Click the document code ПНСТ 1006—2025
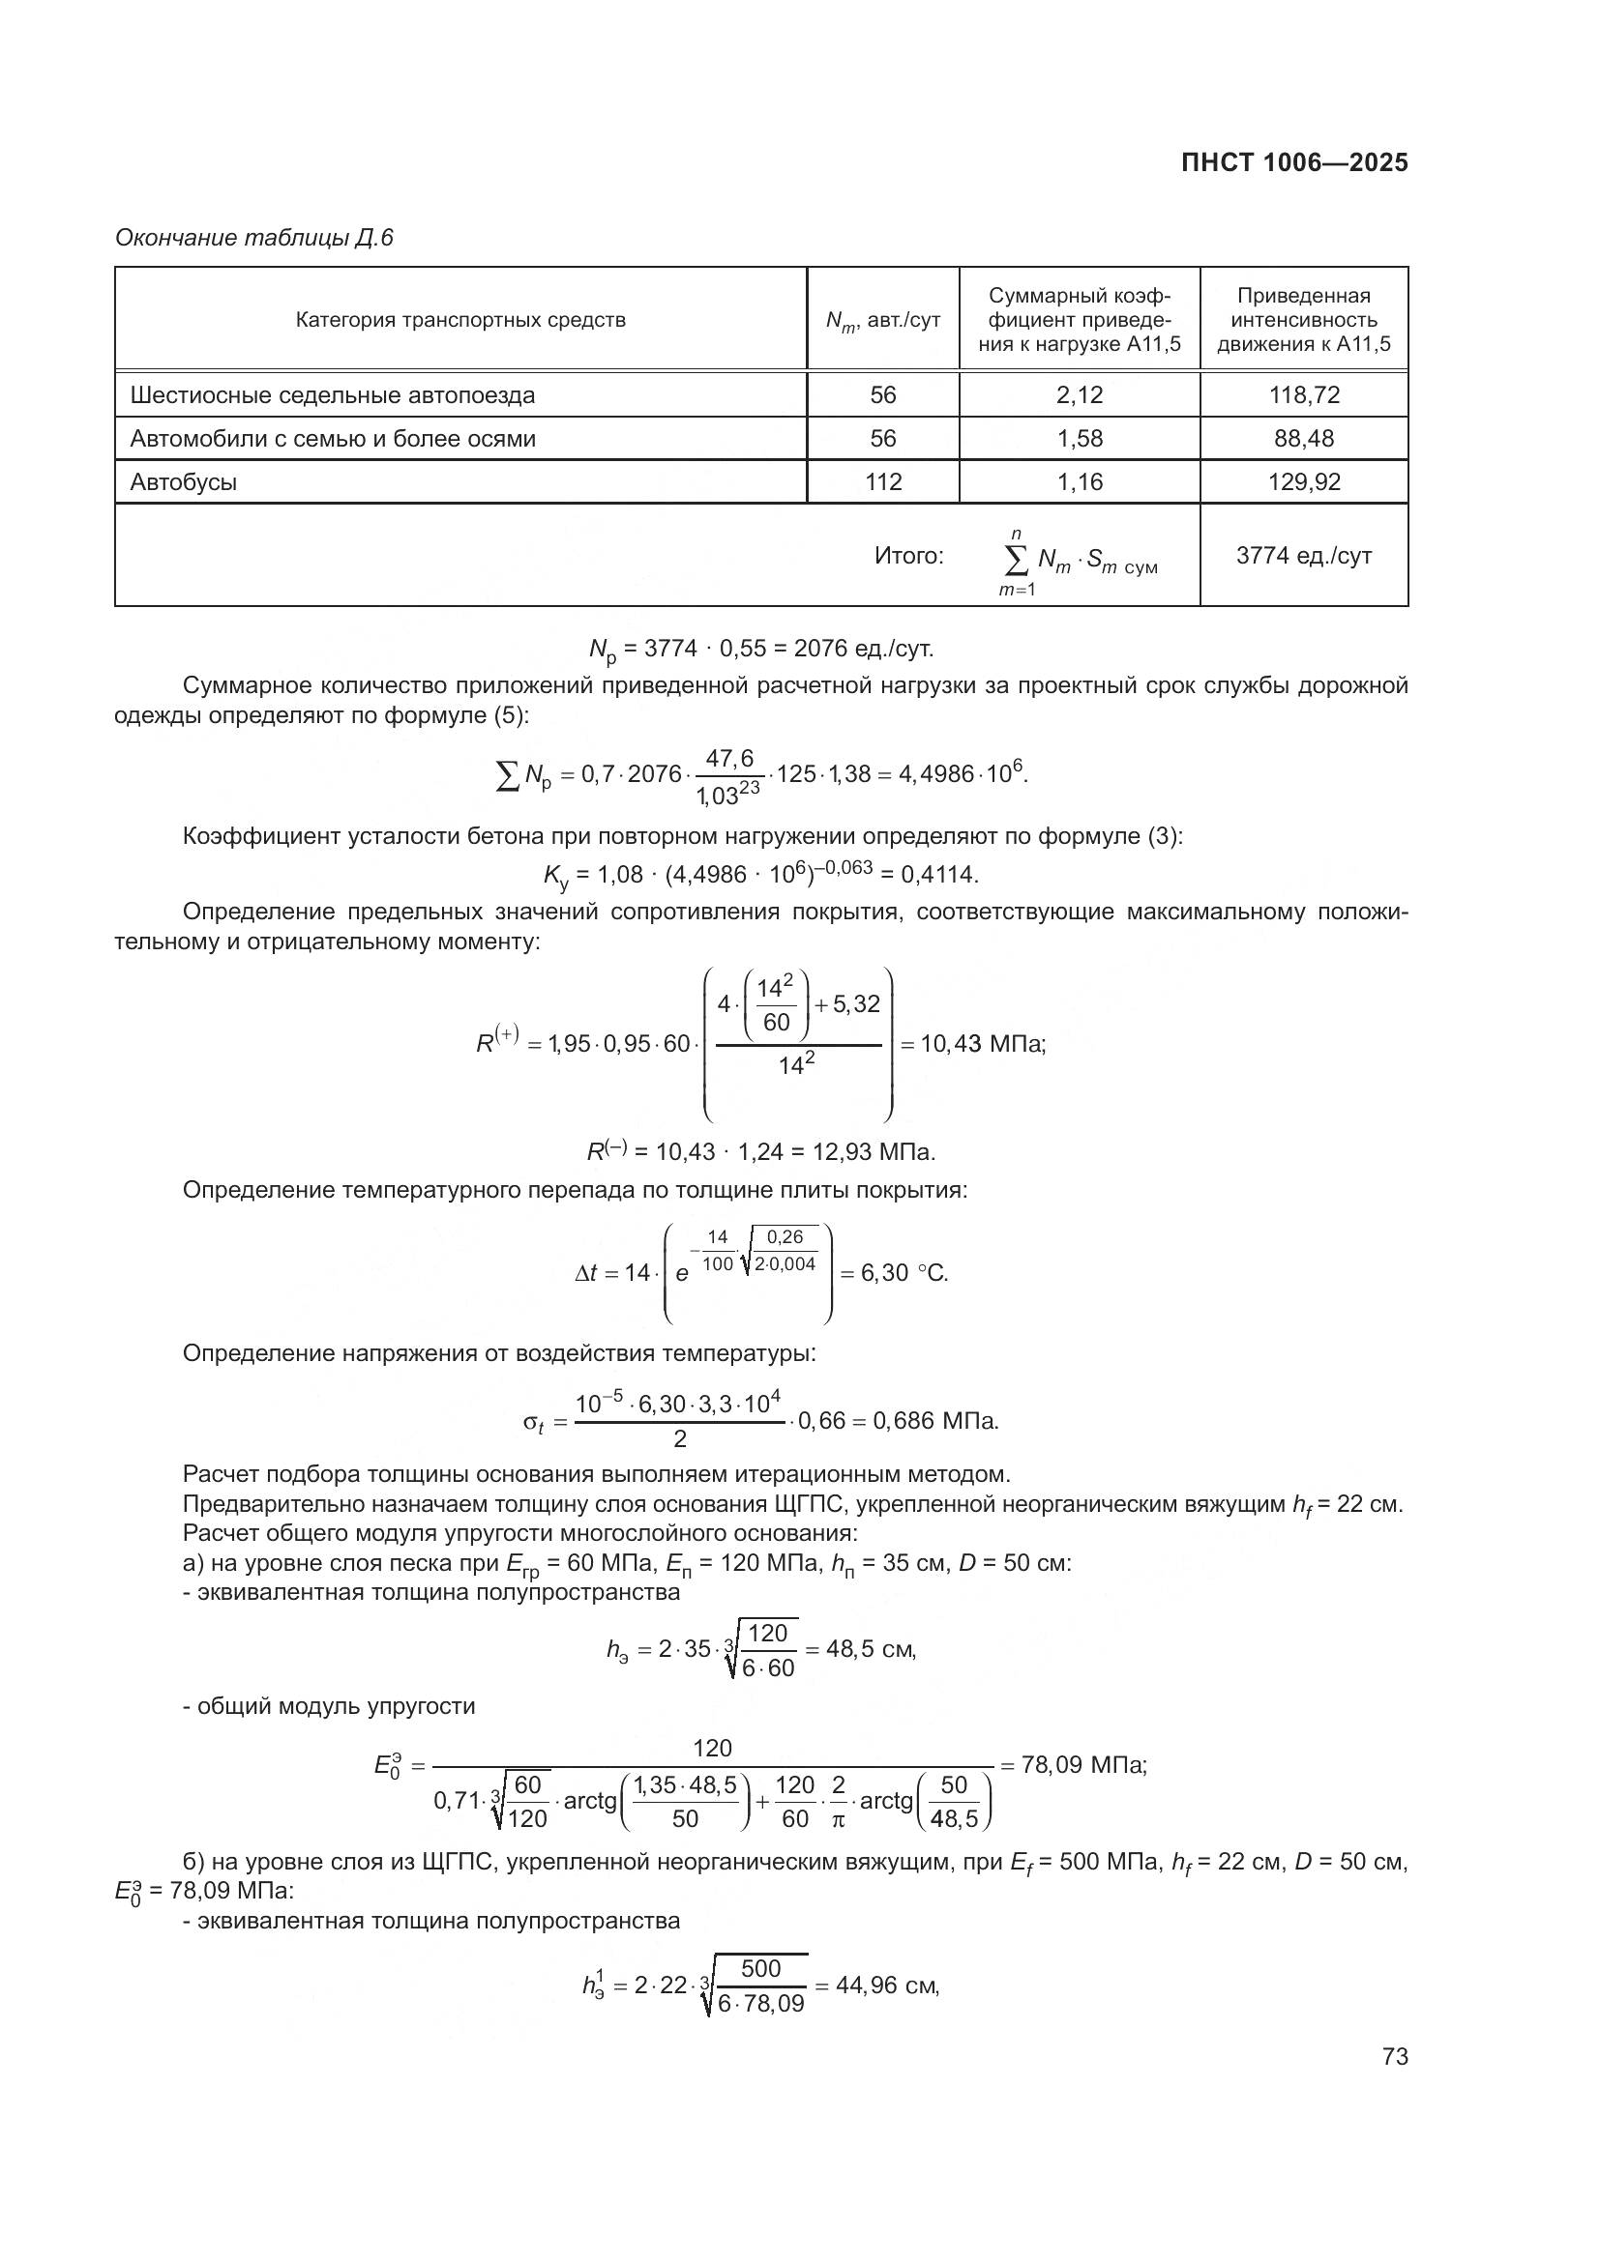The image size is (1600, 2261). point(1293,163)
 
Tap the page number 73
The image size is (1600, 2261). point(1394,2056)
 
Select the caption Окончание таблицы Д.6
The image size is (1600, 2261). point(254,238)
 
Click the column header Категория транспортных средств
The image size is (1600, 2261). point(460,320)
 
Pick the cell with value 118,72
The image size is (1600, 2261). point(1303,395)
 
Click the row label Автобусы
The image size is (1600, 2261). point(184,482)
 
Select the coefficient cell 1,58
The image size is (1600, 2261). point(1079,438)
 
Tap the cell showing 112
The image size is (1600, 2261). point(883,482)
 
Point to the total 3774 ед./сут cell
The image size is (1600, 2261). point(1303,556)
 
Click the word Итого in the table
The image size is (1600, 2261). point(908,557)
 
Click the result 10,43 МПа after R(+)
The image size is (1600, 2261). point(982,1044)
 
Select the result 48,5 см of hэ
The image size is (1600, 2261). point(870,1648)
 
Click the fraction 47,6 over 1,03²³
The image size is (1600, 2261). point(728,776)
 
